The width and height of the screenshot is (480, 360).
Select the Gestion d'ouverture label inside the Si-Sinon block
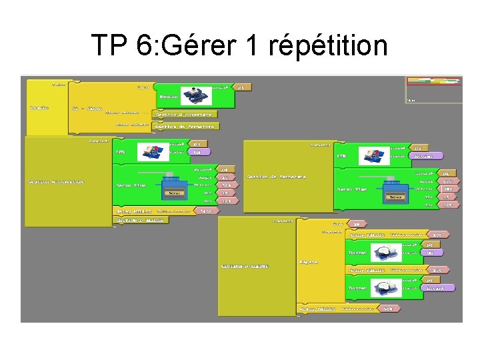179,115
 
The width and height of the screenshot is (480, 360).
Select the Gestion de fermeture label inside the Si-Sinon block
185,125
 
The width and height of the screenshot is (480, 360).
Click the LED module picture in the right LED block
374,156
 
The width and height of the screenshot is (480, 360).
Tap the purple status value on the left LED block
197,152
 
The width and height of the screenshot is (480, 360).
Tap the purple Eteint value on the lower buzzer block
439,287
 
